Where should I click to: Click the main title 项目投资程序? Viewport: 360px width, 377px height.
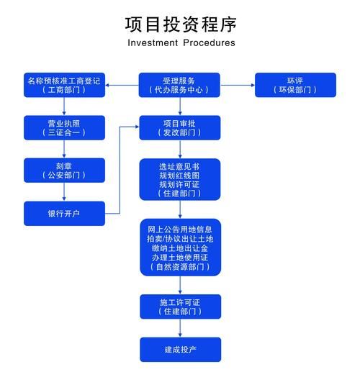[x=180, y=24]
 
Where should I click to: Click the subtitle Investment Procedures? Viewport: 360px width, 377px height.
[x=180, y=42]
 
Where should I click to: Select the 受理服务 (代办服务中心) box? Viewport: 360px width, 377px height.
[x=179, y=85]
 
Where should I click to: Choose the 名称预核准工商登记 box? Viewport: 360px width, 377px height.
[x=64, y=85]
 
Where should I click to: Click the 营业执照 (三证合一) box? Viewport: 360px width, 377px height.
[x=64, y=127]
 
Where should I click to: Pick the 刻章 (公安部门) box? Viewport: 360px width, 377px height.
[x=64, y=170]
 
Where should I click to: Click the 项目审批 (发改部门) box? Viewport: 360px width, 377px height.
[x=179, y=127]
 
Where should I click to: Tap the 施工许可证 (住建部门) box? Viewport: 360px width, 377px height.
[x=179, y=306]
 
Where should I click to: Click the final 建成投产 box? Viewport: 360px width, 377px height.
[x=179, y=349]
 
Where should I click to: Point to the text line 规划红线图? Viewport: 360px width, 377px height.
[x=179, y=175]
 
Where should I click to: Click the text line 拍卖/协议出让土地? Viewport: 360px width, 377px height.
[x=179, y=239]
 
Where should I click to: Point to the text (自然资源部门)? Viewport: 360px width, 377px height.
[x=179, y=267]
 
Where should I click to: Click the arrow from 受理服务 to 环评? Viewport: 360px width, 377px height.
[x=237, y=85]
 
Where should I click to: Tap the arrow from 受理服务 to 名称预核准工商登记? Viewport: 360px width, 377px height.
[x=122, y=85]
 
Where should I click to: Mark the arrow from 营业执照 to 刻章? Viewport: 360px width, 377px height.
[x=64, y=148]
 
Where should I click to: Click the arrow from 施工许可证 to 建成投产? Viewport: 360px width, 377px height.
[x=179, y=327]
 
